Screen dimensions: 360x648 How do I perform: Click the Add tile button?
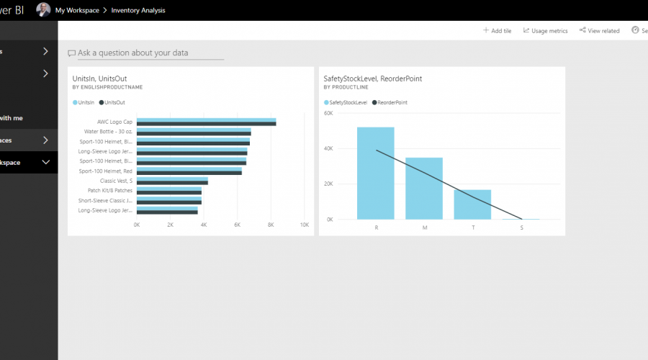coord(497,31)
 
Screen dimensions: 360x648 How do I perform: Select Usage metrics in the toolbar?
coord(546,31)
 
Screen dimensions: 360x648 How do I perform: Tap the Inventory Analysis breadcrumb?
coord(138,10)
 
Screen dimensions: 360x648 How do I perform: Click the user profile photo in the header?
coord(43,10)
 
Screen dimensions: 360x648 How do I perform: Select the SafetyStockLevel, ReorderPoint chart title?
coord(373,78)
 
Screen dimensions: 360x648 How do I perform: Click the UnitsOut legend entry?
coord(114,103)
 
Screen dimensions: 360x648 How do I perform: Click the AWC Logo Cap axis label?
coord(115,122)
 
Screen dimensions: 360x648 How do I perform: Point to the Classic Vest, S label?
coord(116,181)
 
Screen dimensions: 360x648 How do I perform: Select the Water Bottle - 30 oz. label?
coord(109,132)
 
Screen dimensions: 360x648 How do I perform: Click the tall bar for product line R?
coord(376,173)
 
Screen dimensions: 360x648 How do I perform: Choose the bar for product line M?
coord(425,188)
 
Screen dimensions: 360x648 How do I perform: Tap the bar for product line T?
coord(472,204)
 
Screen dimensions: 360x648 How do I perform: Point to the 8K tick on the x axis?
coord(271,225)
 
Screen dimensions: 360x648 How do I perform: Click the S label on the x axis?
coord(521,228)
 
